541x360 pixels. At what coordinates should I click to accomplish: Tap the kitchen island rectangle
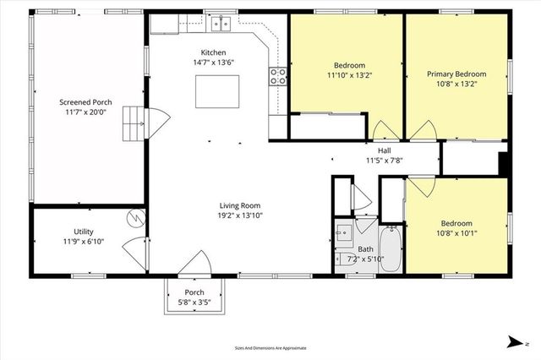pyautogui.click(x=216, y=91)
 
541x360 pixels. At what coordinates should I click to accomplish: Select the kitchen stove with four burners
pyautogui.click(x=278, y=79)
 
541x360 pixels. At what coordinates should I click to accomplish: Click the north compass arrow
pyautogui.click(x=514, y=341)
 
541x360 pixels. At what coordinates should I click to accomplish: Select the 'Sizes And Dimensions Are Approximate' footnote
pyautogui.click(x=270, y=347)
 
